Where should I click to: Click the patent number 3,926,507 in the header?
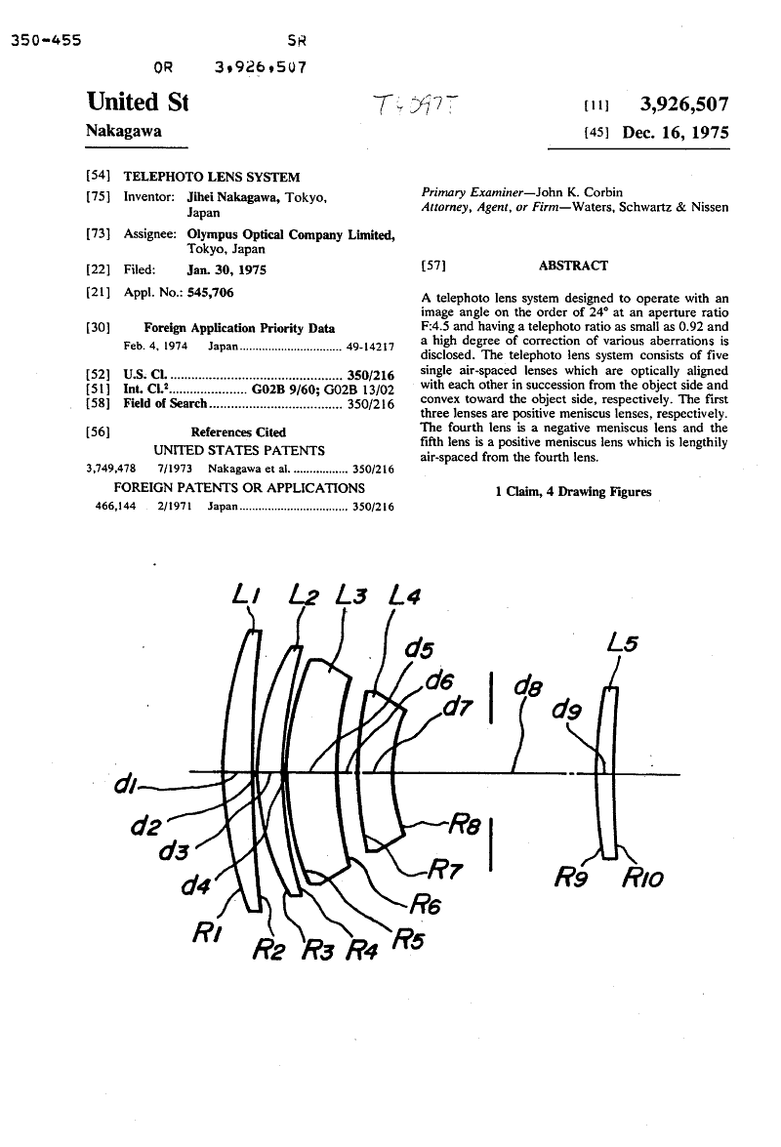683,104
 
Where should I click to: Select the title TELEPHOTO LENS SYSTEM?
211,177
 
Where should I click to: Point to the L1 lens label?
247,593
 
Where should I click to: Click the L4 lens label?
404,594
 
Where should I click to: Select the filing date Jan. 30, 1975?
226,269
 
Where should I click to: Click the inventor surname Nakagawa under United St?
124,131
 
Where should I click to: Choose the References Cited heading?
238,431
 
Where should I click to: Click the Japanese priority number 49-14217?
370,347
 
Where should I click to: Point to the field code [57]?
432,266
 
